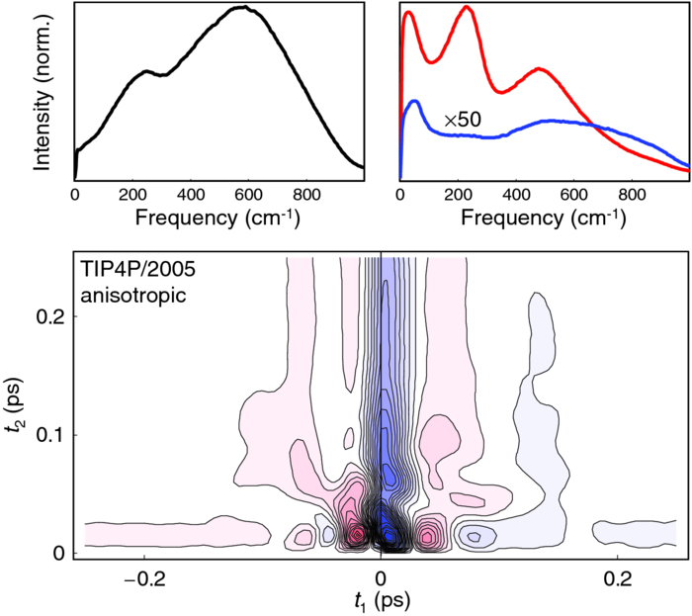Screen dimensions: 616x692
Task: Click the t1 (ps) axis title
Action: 381,598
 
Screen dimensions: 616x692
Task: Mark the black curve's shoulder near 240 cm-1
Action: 145,71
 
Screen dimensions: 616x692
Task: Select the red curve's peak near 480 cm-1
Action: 538,69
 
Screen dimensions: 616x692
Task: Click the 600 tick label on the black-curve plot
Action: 248,195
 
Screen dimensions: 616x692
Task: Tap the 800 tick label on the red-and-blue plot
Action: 632,195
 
